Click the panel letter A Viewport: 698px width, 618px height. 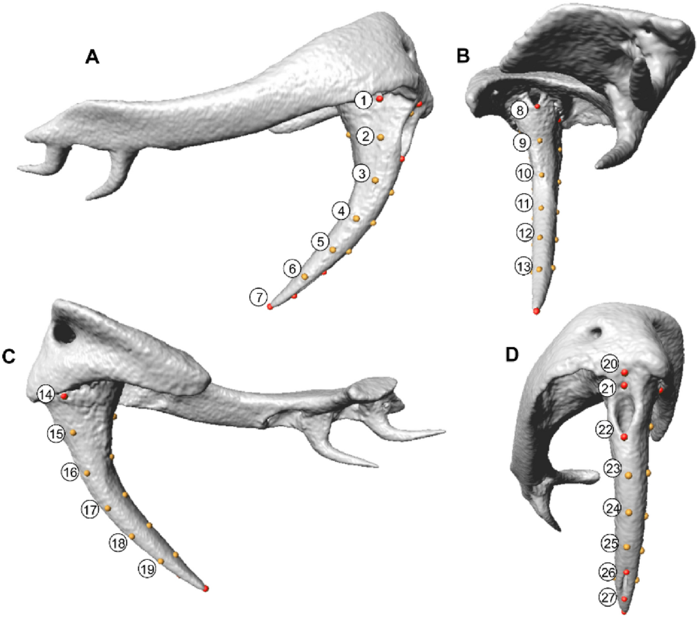[x=92, y=56]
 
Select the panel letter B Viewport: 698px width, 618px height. [x=464, y=56]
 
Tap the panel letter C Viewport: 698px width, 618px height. [x=9, y=357]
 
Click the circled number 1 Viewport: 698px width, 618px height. [x=364, y=101]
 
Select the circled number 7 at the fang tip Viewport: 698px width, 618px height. [x=258, y=297]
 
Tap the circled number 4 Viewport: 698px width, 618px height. [x=341, y=210]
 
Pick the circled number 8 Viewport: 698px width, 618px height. [x=519, y=110]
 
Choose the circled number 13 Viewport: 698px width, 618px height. [x=523, y=267]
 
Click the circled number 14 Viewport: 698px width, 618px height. [x=47, y=395]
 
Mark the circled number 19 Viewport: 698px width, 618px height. [x=147, y=570]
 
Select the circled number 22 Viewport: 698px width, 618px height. [x=604, y=429]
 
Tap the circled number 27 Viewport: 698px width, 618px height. [x=608, y=596]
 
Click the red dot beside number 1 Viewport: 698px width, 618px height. [x=379, y=99]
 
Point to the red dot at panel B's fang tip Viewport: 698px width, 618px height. [x=536, y=312]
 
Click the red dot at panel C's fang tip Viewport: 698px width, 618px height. [x=206, y=589]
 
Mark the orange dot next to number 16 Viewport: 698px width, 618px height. [x=87, y=473]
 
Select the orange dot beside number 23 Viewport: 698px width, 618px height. [x=628, y=475]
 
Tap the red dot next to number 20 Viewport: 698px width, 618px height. [x=624, y=372]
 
